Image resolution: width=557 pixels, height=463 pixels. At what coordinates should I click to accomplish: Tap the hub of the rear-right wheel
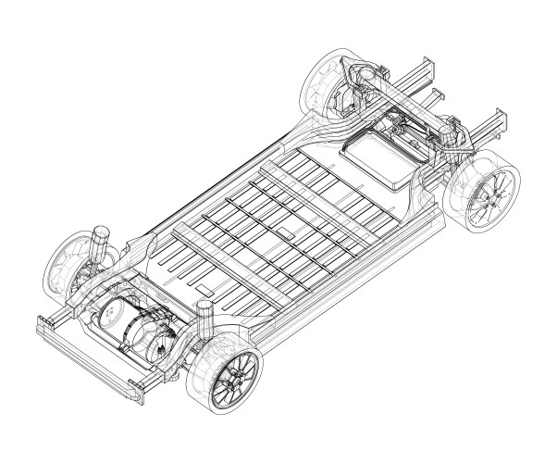[x=489, y=197]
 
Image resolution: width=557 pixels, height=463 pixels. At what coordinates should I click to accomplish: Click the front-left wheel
[x=68, y=264]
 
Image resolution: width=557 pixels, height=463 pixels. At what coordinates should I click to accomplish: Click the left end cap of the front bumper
[x=43, y=325]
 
